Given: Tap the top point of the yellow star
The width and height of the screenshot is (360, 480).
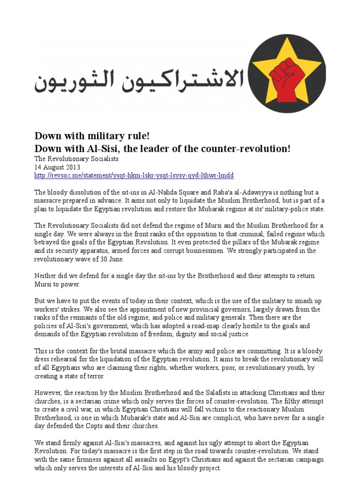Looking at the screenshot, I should coord(287,44).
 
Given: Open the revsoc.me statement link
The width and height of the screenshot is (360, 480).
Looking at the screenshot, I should coord(134,175).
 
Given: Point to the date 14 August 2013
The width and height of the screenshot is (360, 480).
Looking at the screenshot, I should coord(58,167).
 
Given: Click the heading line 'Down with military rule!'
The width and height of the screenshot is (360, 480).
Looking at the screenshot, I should coord(92,136).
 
